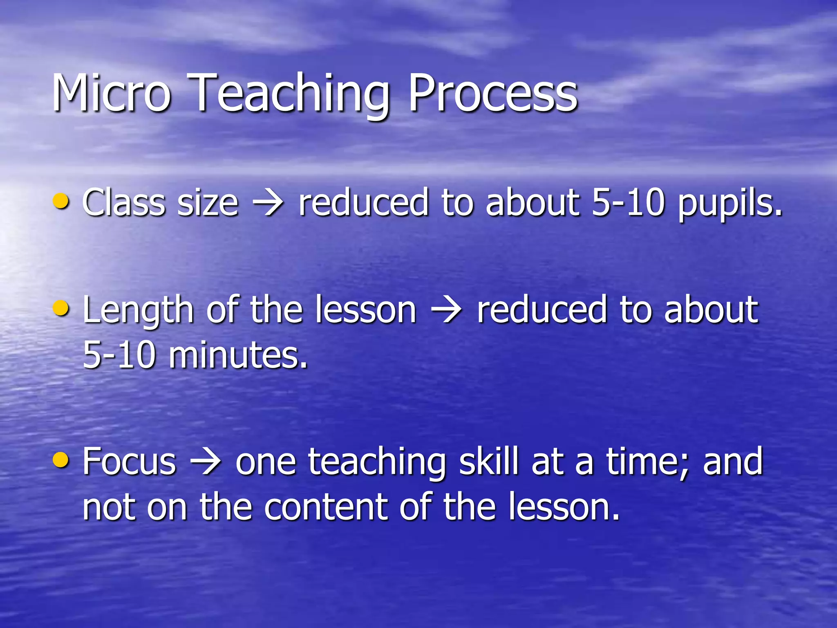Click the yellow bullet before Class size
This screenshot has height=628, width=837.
pos(61,201)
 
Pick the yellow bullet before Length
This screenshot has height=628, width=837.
pos(61,308)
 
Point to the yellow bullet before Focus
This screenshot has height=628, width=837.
pos(61,460)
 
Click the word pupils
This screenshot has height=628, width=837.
pos(730,204)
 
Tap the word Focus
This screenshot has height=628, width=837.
pos(129,462)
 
